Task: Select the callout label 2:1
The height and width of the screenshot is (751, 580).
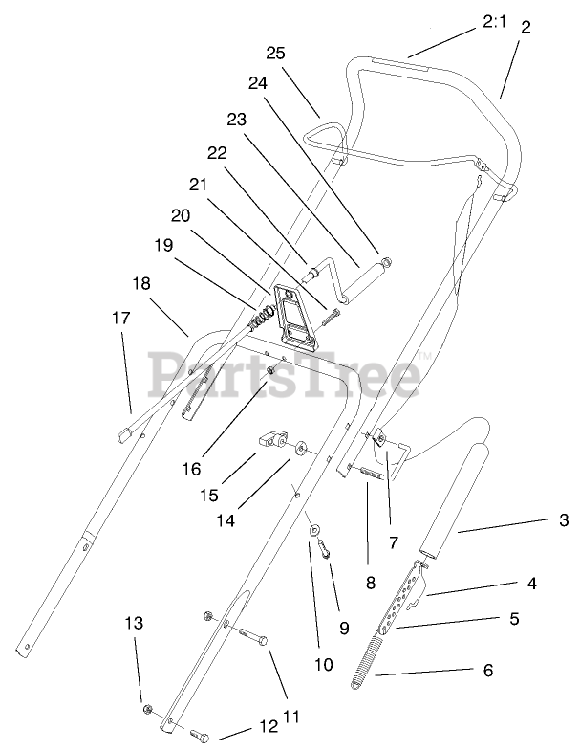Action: [x=495, y=19]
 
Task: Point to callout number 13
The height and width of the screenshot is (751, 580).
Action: [x=135, y=623]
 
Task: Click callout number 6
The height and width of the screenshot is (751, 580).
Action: [x=487, y=672]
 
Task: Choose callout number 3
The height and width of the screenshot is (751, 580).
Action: [x=564, y=520]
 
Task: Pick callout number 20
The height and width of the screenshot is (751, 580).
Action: [x=182, y=216]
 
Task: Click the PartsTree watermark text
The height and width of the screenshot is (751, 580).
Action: [x=284, y=373]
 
